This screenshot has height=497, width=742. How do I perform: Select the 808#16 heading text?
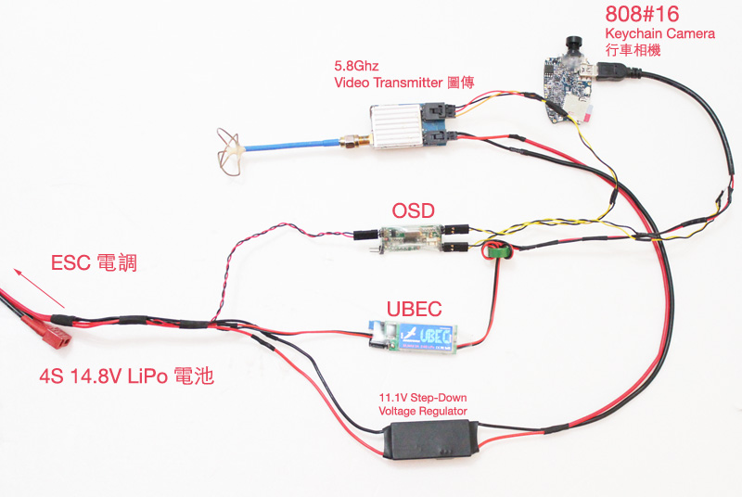pos(642,15)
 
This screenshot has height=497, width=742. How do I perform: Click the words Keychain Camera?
pos(659,34)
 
